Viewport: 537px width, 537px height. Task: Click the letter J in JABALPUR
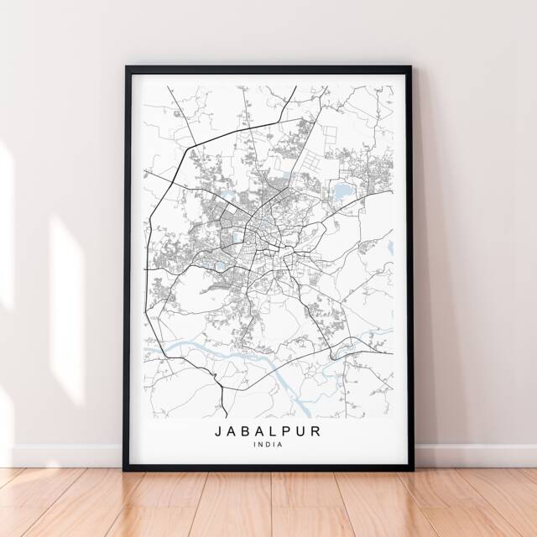tap(220, 431)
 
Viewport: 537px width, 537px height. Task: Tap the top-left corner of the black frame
tap(127, 67)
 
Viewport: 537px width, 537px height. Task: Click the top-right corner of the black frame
tap(410, 67)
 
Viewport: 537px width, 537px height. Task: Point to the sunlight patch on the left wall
tap(67, 277)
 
